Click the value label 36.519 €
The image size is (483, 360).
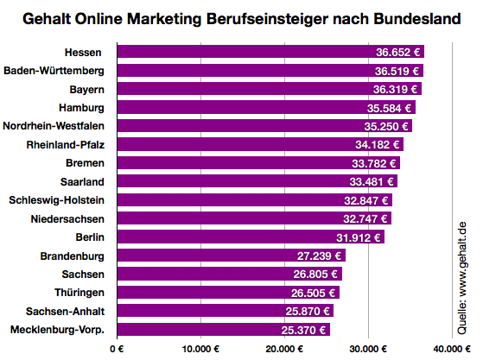[397, 71]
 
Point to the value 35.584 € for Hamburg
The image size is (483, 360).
[390, 108]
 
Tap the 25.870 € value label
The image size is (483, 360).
[308, 311]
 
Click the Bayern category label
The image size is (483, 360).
[87, 89]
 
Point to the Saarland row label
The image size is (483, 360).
[82, 181]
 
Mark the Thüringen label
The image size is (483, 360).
[79, 293]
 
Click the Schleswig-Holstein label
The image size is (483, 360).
[57, 200]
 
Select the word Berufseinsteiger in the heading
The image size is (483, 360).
[276, 18]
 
